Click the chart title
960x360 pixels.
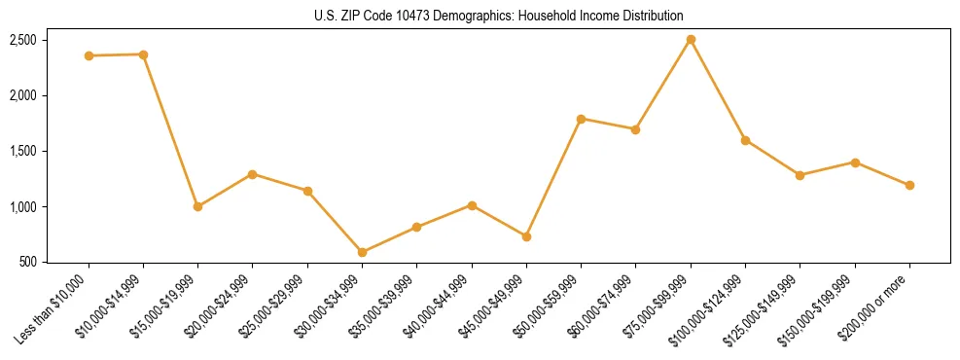coord(499,16)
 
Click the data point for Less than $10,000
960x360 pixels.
coord(89,55)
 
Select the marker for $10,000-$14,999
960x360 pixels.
coord(143,54)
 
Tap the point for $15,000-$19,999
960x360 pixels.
coord(197,206)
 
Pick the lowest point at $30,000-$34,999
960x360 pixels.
coord(362,252)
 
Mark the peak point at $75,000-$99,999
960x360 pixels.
coord(691,40)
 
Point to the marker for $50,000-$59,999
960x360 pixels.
coord(581,119)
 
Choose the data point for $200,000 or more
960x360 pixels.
coord(909,185)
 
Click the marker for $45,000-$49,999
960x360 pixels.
coord(526,236)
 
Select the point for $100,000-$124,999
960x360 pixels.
coord(745,140)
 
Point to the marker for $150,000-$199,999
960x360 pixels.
coord(855,162)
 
